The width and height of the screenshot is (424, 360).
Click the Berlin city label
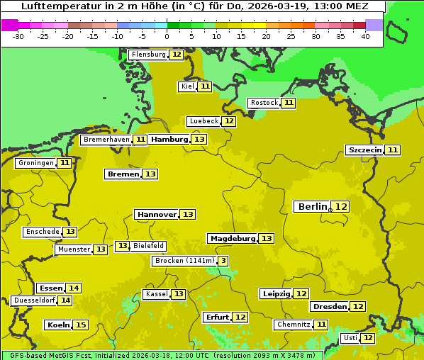[313, 206]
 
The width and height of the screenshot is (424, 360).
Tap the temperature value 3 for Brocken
[223, 261]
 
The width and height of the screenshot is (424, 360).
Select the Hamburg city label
[169, 140]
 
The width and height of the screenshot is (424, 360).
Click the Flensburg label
[148, 55]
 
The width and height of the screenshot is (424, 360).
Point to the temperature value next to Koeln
[81, 325]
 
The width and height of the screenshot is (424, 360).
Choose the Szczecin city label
[364, 150]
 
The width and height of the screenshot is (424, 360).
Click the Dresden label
[330, 307]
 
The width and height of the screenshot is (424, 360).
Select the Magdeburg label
[233, 238]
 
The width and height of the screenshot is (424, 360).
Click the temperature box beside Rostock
[289, 103]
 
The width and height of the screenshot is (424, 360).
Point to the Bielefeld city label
[149, 246]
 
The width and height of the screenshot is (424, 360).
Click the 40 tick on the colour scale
[365, 36]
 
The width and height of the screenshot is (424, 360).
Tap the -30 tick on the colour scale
[18, 36]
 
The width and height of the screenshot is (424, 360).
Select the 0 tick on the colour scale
[167, 36]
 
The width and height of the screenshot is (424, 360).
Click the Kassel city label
[156, 294]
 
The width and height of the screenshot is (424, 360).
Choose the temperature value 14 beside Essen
[74, 288]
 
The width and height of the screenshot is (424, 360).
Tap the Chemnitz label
[294, 325]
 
